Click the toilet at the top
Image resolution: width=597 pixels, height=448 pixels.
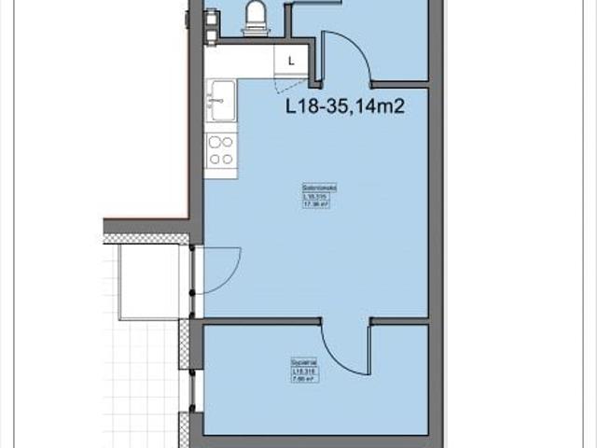[255, 18]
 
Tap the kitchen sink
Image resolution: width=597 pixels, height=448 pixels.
[222, 100]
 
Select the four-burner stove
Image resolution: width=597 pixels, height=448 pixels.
[221, 149]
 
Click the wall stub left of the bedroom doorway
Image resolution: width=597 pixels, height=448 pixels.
[261, 322]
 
